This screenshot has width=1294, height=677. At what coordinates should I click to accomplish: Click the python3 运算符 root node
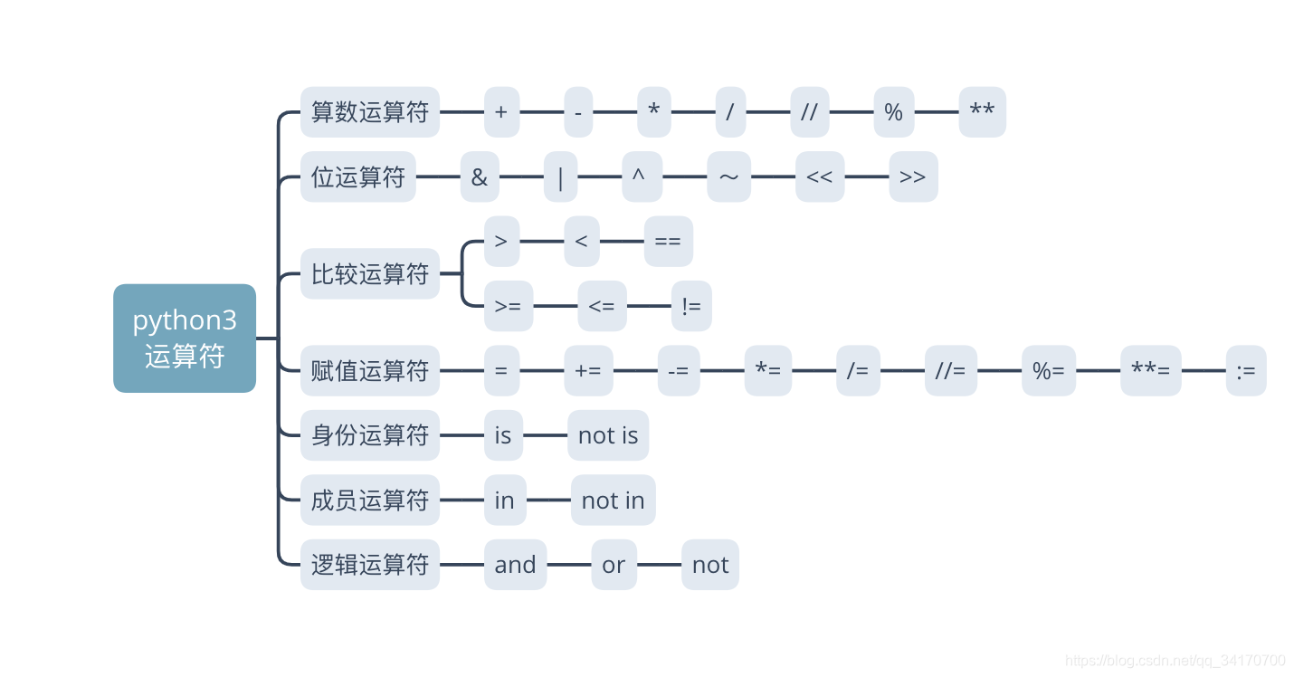(185, 338)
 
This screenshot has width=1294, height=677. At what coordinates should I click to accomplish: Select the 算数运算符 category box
(369, 112)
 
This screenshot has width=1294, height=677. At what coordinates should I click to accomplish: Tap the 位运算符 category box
(357, 177)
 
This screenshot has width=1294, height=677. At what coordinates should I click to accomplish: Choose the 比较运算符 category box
(369, 274)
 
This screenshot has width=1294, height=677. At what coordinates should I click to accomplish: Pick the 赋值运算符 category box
(369, 371)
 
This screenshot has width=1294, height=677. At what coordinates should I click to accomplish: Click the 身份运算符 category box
(369, 435)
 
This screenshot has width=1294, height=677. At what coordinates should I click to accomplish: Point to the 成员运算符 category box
(369, 501)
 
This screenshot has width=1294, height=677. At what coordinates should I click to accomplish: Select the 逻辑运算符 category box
(369, 565)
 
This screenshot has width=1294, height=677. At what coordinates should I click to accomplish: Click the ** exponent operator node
(982, 112)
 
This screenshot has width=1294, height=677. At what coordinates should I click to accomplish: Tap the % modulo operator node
(893, 112)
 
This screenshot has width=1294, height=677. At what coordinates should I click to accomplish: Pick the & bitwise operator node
(479, 177)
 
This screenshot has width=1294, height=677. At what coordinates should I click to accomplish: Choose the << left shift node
(819, 177)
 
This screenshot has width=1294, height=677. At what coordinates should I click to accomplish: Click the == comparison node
(668, 242)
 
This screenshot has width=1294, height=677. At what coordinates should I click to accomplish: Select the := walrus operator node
(1246, 371)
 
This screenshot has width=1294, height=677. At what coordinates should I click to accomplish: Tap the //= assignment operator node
(950, 371)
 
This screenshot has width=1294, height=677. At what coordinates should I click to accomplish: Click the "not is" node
(608, 435)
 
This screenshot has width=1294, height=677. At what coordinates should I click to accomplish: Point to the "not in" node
(613, 501)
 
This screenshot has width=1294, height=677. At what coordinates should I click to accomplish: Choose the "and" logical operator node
(515, 565)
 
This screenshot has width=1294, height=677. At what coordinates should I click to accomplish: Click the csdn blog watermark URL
(1175, 661)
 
